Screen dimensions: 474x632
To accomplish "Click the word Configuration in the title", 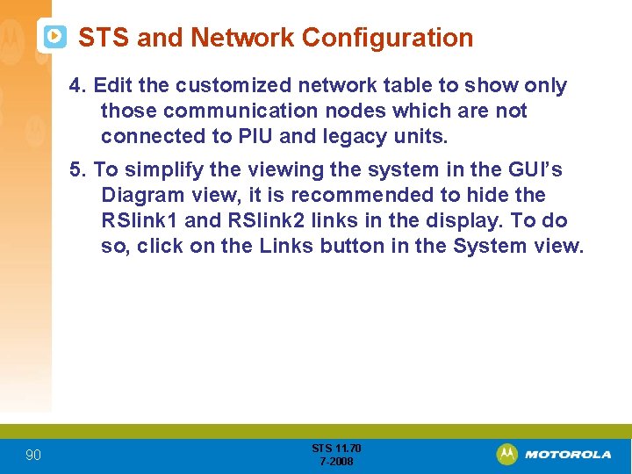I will coord(387,38).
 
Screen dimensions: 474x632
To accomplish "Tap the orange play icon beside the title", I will coord(54,37).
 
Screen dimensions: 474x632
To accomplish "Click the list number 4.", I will coord(77,85).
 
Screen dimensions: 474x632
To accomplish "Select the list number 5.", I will coord(77,169).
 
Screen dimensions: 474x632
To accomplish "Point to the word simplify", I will coord(159,169).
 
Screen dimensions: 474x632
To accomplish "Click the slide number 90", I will coord(32,455).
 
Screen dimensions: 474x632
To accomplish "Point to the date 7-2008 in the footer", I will coord(336,461).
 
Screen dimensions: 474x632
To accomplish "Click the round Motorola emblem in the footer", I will coord(506,454).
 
